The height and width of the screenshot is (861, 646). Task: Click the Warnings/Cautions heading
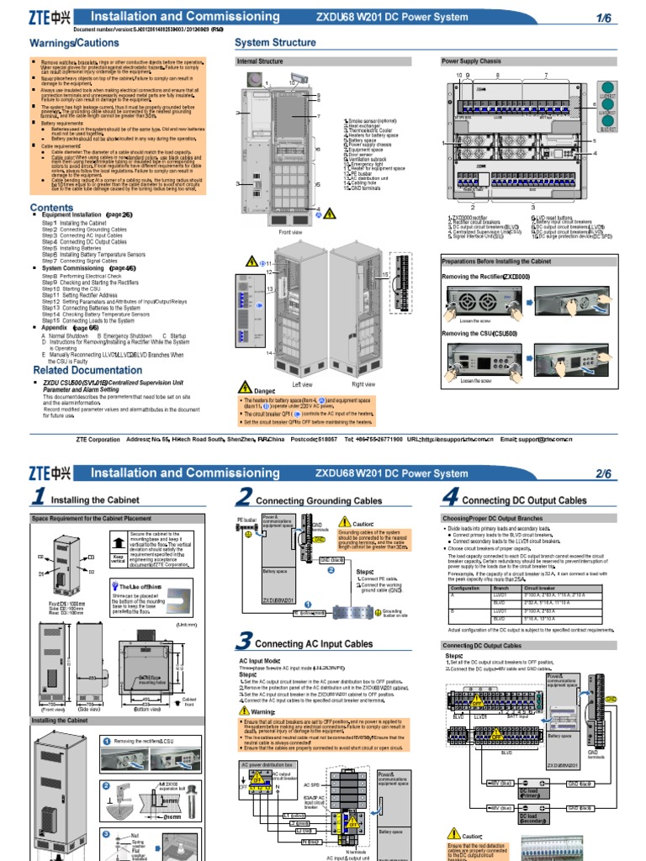coord(74,42)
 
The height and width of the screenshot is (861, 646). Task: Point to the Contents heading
coord(52,208)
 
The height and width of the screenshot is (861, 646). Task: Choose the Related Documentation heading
coord(87,370)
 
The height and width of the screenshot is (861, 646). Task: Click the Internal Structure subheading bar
coord(260,61)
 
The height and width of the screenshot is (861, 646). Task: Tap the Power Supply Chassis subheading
coord(471,61)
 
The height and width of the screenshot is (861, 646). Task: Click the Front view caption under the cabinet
coord(290,232)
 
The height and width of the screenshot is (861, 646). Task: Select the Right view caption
coord(363,383)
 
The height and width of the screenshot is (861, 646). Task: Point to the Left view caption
coord(302,383)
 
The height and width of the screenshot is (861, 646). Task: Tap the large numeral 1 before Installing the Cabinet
coord(38,499)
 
